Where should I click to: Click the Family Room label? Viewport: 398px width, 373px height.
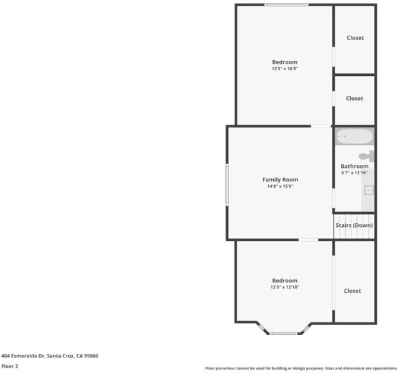click(280, 180)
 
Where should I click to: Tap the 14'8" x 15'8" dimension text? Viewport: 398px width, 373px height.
click(280, 186)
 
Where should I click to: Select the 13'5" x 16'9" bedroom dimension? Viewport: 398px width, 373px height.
click(285, 68)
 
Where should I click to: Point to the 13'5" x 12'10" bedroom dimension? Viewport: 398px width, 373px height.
click(285, 287)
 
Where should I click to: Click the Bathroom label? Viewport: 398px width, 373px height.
click(355, 166)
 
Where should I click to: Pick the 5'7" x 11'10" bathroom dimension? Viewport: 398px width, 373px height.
click(355, 173)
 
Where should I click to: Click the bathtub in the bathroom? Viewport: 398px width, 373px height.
click(355, 137)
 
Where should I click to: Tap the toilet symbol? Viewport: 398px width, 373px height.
click(366, 156)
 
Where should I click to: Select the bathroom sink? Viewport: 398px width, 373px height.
click(369, 190)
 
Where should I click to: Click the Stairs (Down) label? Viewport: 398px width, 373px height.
click(354, 225)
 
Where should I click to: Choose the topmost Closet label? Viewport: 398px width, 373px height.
click(355, 37)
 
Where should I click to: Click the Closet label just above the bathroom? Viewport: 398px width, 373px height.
click(355, 98)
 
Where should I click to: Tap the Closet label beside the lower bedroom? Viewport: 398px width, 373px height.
click(352, 291)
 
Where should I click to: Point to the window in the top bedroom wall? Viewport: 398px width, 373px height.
click(286, 4)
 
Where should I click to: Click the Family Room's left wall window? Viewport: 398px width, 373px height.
click(227, 185)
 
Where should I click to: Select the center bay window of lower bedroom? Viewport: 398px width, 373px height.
click(283, 333)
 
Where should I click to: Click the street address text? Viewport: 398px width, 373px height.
click(50, 356)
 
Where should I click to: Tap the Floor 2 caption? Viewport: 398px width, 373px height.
click(10, 366)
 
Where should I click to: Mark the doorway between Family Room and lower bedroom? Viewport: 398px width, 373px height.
click(308, 239)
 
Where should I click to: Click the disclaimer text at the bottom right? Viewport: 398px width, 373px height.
click(301, 368)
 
